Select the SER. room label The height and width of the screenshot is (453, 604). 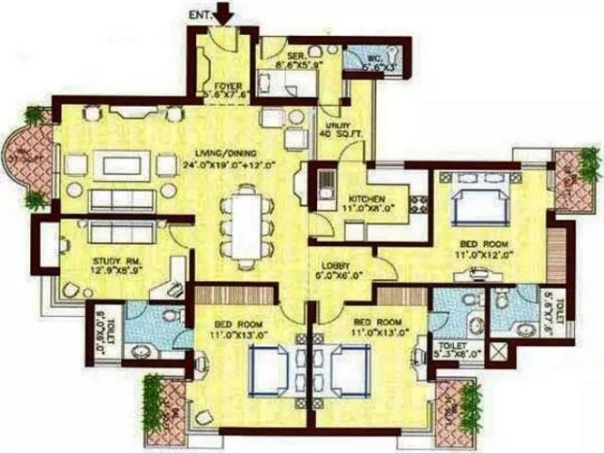click(x=294, y=55)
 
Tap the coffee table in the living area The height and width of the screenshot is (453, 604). click(x=121, y=165)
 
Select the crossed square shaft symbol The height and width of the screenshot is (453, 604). click(x=500, y=352)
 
